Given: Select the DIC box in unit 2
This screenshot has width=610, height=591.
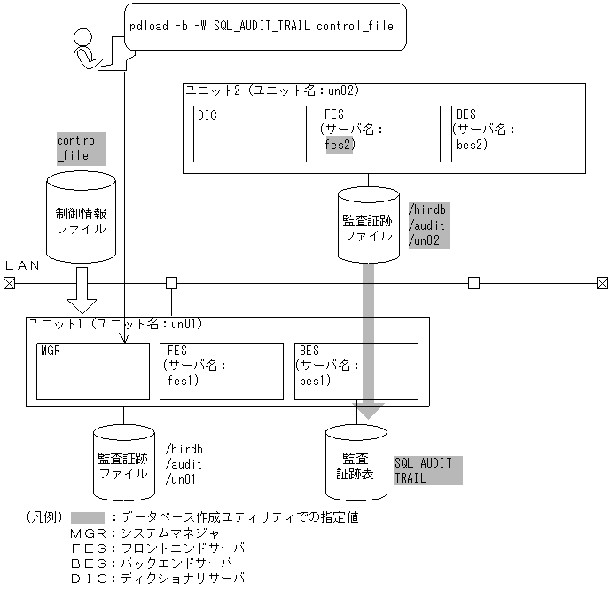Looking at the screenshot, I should [x=237, y=134].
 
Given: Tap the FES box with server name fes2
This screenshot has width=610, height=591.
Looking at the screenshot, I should [x=378, y=134].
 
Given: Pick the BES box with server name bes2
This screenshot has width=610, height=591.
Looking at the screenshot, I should [x=512, y=134].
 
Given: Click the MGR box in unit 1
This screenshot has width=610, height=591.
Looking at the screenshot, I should [x=92, y=371].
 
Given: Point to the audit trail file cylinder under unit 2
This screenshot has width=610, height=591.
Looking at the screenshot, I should [x=369, y=225].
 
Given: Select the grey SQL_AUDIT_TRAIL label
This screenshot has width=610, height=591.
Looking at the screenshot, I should [x=427, y=470].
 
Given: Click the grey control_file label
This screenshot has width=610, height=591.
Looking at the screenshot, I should [x=80, y=148].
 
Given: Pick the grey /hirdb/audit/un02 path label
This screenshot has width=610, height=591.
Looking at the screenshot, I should [x=427, y=225].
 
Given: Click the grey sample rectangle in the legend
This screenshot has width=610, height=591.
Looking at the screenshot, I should [x=89, y=517].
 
